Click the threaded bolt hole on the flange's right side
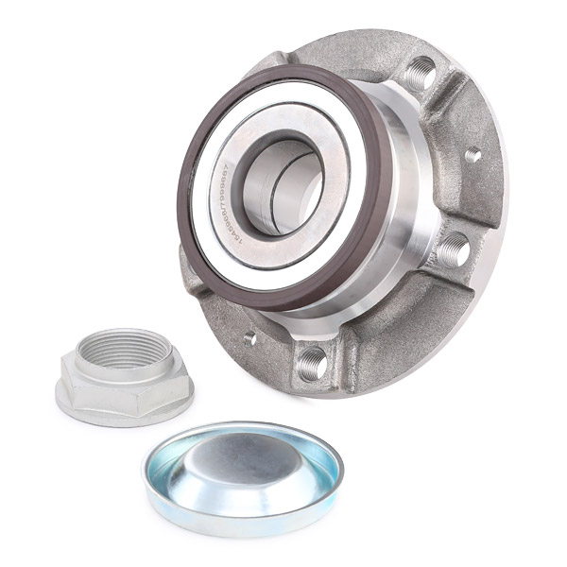pyautogui.click(x=453, y=248)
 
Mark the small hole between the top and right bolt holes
pyautogui.click(x=472, y=154)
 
